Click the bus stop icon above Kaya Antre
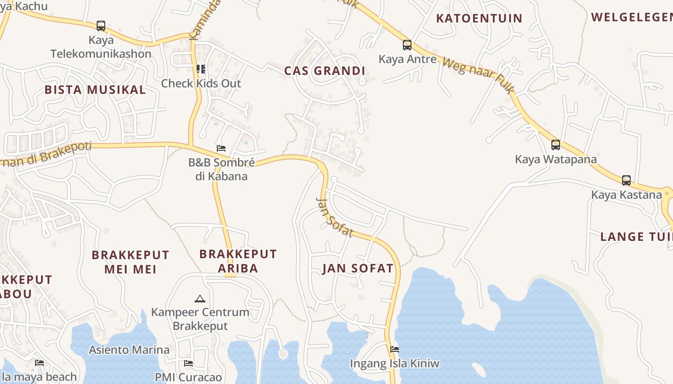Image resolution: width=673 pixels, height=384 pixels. [x=407, y=45]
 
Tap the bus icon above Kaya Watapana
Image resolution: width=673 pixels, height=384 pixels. [x=556, y=144]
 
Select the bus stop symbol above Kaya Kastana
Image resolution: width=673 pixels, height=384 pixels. [x=626, y=180]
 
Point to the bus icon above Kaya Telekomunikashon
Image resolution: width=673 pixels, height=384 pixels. [x=101, y=25]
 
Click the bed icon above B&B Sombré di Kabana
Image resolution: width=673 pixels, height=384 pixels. [x=221, y=148]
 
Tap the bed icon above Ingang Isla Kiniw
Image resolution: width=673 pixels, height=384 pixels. [x=395, y=349]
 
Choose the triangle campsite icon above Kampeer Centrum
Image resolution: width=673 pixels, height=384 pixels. [x=200, y=299]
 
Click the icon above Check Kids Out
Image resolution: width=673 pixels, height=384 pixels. [x=200, y=69]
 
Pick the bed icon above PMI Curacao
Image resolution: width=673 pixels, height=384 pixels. [x=188, y=363]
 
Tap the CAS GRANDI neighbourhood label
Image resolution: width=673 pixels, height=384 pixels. [x=324, y=71]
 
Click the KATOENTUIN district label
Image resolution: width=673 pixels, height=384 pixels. [x=479, y=19]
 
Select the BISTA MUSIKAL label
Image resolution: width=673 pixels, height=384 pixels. [x=95, y=90]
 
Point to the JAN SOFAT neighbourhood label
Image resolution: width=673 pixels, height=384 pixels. [x=358, y=268]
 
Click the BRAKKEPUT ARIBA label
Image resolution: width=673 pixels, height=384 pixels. [x=238, y=261]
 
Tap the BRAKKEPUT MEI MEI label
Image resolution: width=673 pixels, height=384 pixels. [x=130, y=262]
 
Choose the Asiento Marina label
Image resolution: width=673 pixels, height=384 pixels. [x=129, y=350]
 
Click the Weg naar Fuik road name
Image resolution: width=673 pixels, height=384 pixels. [x=478, y=76]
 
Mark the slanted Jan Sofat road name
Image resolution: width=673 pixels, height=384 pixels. [x=335, y=217]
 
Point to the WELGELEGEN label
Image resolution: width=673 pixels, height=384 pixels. [x=631, y=17]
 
